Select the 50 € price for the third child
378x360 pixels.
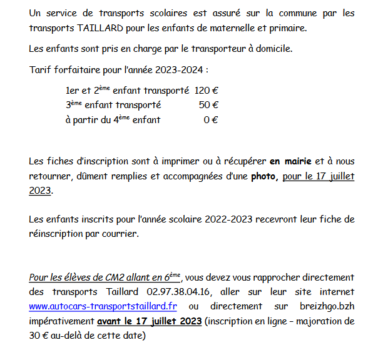(208, 105)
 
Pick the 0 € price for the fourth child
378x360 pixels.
(211, 119)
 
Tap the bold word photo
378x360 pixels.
(263, 176)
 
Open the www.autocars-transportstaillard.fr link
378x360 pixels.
(103, 306)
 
